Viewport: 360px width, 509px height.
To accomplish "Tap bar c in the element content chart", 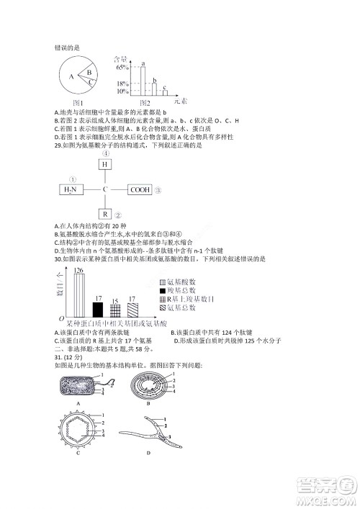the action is coord(165,93).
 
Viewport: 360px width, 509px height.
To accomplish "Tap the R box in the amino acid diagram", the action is coord(105,215).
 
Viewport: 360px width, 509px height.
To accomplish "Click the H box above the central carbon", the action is coord(105,165).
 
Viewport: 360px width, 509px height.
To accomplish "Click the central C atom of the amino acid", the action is coord(105,190).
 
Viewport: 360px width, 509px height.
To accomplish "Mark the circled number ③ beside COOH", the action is coord(158,191).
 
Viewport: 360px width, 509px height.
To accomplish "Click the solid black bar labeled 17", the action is coord(98,310).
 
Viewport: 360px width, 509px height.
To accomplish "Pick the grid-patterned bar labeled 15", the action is coord(115,311).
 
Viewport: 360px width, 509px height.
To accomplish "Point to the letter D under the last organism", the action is coord(148,453).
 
